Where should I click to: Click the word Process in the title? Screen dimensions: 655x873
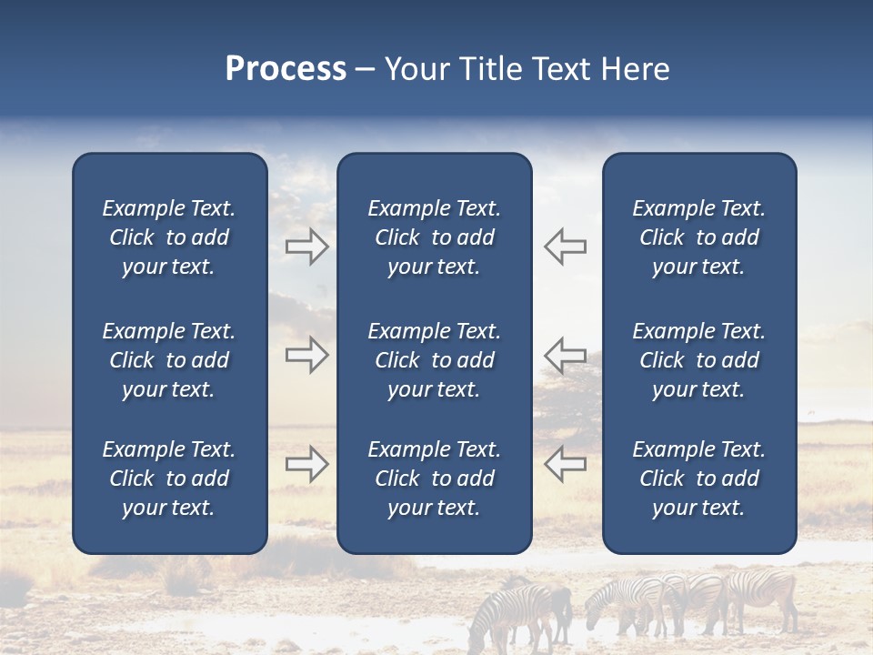click(286, 69)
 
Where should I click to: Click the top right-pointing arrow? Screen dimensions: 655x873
click(307, 247)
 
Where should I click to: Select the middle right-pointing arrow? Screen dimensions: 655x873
click(307, 355)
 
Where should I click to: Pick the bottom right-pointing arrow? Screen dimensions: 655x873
click(307, 464)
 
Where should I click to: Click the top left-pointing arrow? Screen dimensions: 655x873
click(565, 247)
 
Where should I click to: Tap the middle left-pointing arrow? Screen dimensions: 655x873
click(565, 355)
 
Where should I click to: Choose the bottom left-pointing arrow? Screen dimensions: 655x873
click(565, 464)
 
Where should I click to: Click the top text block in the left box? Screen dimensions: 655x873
click(169, 237)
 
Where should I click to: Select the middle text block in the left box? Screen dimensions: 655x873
click(169, 360)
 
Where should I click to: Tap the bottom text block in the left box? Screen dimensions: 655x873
click(169, 479)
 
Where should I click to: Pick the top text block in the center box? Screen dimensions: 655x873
click(434, 237)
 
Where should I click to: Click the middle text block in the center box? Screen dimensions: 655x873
click(434, 360)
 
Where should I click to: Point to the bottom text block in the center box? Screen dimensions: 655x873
click(434, 479)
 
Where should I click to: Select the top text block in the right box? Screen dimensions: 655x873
click(698, 237)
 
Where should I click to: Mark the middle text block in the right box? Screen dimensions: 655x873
click(698, 360)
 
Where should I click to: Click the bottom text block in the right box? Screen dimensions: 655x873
click(698, 479)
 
